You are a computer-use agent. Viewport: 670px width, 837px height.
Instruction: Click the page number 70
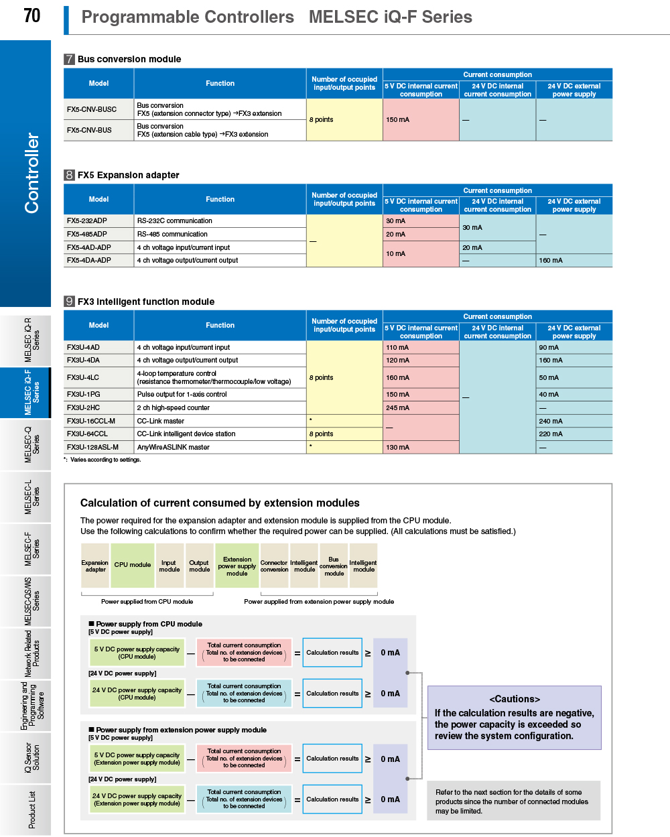point(31,15)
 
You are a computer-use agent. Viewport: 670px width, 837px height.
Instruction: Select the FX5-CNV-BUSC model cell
point(92,109)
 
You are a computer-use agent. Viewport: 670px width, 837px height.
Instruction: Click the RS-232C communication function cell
point(175,220)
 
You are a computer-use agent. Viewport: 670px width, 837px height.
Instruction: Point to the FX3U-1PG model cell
point(84,394)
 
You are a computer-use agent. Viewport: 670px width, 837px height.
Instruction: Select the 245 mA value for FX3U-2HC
point(397,407)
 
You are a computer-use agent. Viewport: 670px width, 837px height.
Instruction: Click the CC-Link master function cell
point(161,421)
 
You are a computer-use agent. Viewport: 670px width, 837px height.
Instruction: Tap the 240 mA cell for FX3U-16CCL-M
point(551,421)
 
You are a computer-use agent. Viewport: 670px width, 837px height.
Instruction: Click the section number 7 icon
point(69,59)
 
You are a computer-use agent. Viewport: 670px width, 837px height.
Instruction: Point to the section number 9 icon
point(69,302)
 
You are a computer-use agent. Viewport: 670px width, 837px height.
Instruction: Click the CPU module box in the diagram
point(133,565)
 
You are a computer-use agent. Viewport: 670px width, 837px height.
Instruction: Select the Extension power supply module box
point(237,566)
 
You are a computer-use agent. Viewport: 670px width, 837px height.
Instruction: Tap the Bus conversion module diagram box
point(334,566)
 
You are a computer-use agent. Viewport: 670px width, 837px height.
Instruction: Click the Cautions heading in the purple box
point(515,699)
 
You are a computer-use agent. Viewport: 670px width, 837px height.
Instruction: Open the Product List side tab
point(31,810)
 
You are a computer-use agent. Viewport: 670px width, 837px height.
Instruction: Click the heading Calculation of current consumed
point(220,503)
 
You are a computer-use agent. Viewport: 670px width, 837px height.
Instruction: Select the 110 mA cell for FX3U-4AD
point(397,347)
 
